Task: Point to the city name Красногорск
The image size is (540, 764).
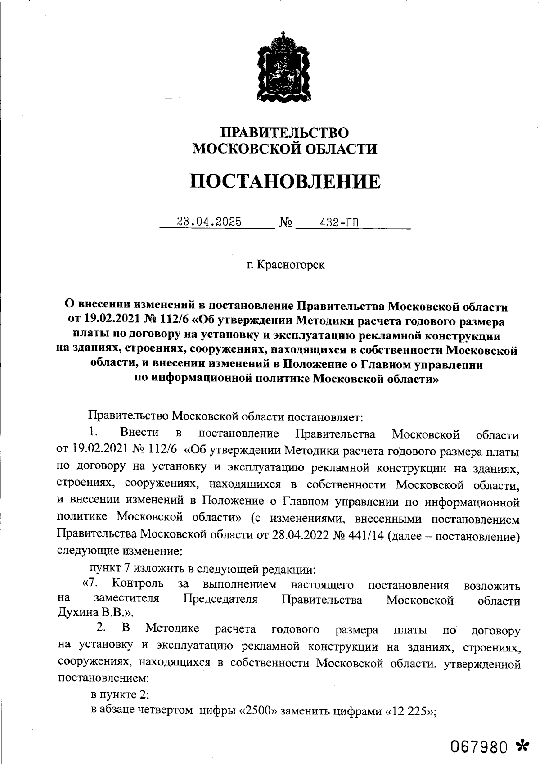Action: (x=291, y=265)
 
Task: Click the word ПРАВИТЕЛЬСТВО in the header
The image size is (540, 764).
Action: (x=284, y=132)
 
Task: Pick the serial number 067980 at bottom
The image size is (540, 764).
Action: (x=481, y=747)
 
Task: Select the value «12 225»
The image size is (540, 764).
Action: (x=409, y=712)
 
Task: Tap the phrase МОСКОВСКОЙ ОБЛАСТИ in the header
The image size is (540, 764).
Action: (x=284, y=149)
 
